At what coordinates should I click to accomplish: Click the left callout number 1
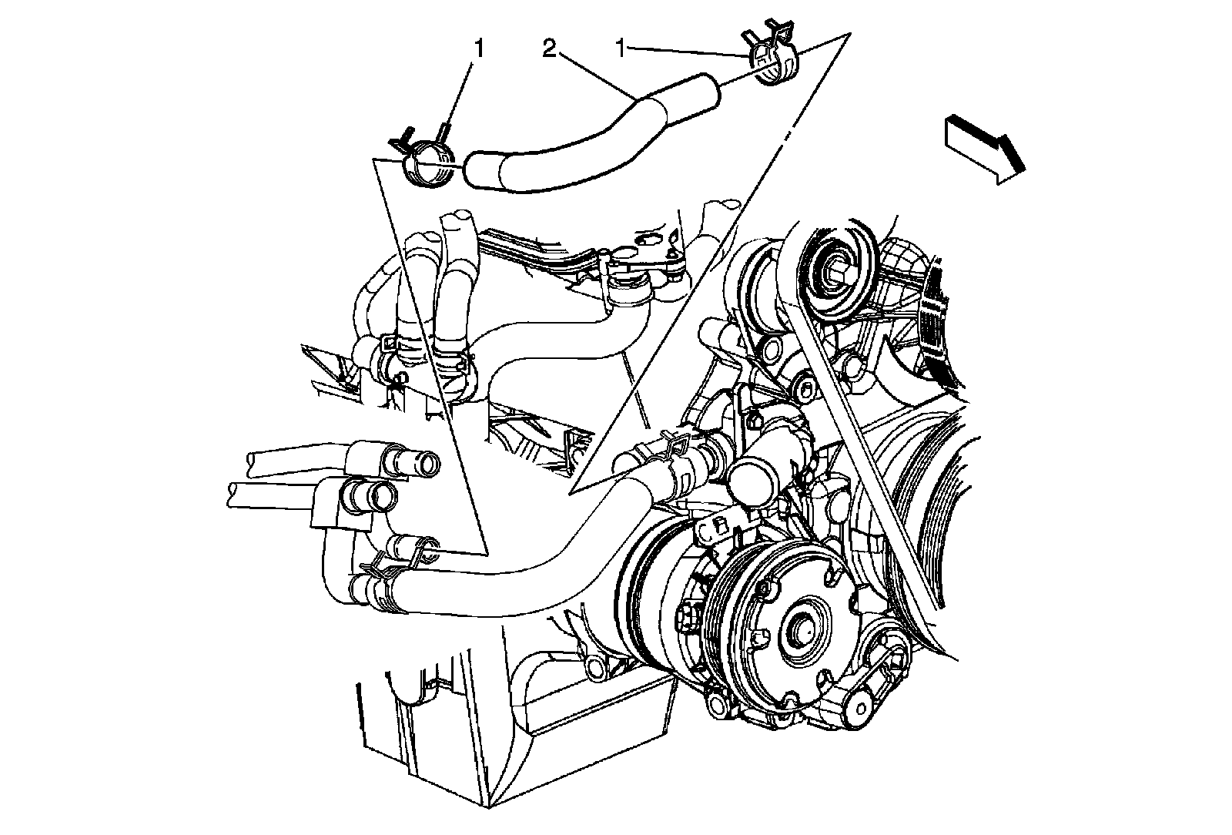click(x=479, y=50)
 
